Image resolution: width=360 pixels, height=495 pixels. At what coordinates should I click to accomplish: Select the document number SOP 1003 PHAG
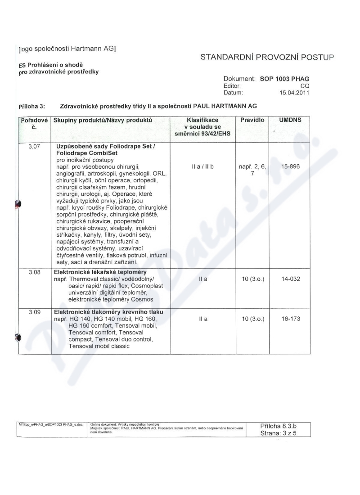point(285,78)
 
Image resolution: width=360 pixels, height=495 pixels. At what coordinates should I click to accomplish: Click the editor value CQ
point(305,85)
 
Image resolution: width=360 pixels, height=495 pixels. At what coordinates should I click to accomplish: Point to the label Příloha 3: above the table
point(31,106)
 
